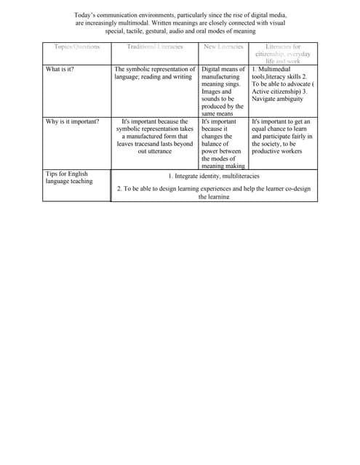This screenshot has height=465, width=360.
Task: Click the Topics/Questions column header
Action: pos(76,46)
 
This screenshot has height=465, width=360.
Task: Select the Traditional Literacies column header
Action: pos(155,46)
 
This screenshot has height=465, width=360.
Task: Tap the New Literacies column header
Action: pos(223,46)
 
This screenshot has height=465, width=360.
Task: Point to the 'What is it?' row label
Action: pos(60,69)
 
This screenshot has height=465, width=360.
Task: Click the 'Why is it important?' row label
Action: pos(72,121)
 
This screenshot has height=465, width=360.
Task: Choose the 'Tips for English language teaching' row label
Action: pos(68,177)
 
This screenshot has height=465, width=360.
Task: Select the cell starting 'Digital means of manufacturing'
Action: pos(223,91)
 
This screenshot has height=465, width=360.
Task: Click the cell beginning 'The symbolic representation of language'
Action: pos(155,73)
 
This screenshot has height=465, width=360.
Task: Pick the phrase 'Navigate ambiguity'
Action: pos(278,99)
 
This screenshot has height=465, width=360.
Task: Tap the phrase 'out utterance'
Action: pos(155,151)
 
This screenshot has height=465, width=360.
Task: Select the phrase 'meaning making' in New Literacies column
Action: pos(223,166)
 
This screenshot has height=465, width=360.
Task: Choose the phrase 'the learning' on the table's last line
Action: pos(214,197)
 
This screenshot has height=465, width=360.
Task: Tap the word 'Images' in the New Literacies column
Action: pos(212,92)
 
